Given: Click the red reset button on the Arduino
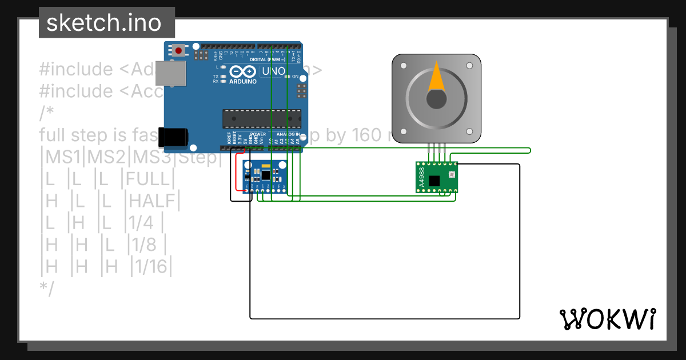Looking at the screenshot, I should point(178,50).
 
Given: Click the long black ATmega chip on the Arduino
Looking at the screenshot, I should point(261,118).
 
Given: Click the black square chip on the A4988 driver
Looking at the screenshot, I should point(434,181).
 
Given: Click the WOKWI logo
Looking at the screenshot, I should point(607,319).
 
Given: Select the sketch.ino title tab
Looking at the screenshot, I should point(103,23).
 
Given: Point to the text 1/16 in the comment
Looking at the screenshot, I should point(151,267).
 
